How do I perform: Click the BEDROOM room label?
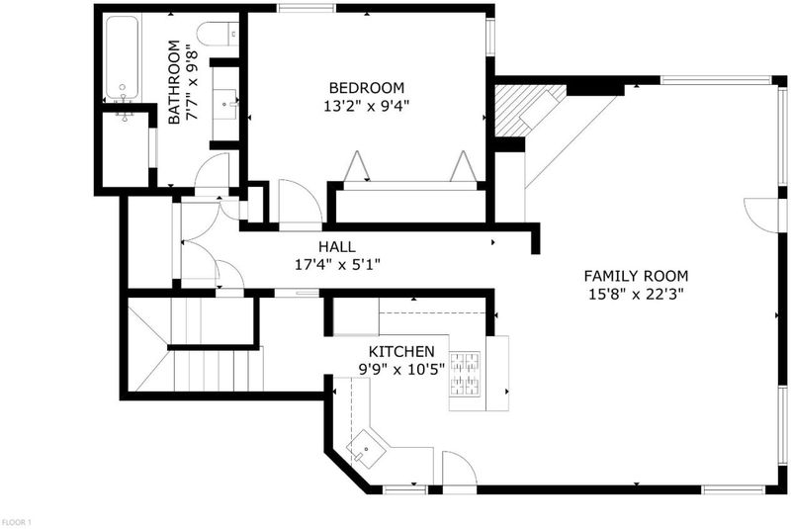pos(367,88)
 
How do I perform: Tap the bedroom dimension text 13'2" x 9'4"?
pos(366,107)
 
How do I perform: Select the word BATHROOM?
pos(174,82)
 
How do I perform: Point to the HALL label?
pos(337,246)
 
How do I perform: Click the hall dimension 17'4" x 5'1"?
pos(337,264)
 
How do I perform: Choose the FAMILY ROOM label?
pos(636,276)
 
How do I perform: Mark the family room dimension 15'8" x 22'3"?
pos(636,294)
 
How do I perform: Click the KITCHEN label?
pos(401,351)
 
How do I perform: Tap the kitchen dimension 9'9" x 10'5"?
pos(401,370)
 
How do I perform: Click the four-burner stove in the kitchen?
pos(465,374)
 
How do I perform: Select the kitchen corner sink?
pos(366,447)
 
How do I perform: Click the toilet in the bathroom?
pos(218,35)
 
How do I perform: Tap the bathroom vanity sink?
pos(225,104)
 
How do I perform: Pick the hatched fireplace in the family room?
pos(530,111)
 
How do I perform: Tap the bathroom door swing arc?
pos(212,170)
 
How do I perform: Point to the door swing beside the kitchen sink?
pos(460,469)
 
